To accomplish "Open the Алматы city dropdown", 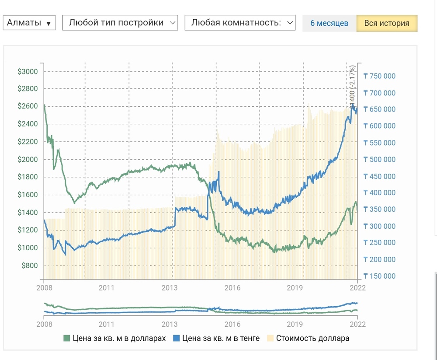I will [29, 23].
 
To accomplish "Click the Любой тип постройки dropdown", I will [120, 23].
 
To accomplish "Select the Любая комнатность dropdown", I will [240, 23].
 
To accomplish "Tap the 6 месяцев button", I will [329, 23].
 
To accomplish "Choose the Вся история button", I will [387, 23].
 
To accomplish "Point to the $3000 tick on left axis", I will [28, 72].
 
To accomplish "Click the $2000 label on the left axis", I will [28, 160].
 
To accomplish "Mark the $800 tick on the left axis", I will [30, 266].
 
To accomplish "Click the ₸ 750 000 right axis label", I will [379, 76].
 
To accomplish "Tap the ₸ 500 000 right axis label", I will [379, 160].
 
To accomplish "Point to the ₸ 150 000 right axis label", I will [379, 276].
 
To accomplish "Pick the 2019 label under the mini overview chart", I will [295, 324].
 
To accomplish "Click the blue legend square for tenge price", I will [177, 338].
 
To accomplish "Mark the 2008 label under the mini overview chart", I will [44, 324].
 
